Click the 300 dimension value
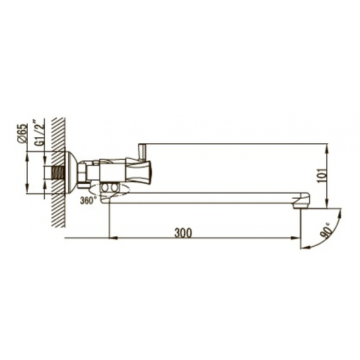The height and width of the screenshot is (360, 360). (183, 233)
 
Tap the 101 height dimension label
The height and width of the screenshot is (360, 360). (322, 175)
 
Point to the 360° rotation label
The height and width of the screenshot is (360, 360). (88, 200)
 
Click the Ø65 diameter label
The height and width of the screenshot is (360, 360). (22, 133)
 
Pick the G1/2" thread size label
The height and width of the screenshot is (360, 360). (40, 134)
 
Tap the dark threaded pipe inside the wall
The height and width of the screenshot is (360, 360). (58, 172)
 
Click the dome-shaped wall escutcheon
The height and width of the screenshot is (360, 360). (70, 172)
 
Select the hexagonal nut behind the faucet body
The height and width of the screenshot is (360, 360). (82, 172)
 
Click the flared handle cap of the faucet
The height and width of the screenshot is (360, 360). (139, 171)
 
